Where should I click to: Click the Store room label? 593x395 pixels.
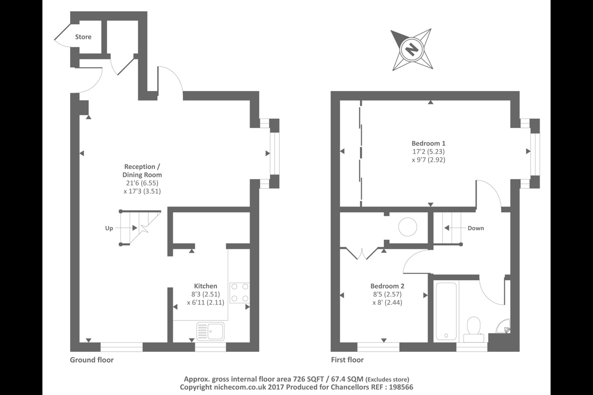[x=83, y=37]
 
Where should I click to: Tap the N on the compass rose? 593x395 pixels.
[x=412, y=49]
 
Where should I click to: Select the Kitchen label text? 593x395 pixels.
[x=205, y=286]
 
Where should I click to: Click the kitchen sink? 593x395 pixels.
[x=210, y=331]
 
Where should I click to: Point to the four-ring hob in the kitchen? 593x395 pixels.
[x=240, y=293]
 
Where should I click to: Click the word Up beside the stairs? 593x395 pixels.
[x=109, y=228]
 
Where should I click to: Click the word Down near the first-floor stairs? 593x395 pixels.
[x=476, y=228]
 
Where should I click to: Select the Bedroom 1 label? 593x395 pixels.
[x=428, y=144]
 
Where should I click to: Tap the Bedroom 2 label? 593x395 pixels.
[x=387, y=286]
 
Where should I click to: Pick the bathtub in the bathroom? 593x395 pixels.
[x=446, y=311]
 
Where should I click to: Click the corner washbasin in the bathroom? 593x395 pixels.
[x=503, y=326]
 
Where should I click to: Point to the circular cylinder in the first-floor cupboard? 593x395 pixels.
[x=408, y=227]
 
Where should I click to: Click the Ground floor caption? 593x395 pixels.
[x=91, y=360]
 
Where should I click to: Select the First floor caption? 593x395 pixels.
[x=347, y=360]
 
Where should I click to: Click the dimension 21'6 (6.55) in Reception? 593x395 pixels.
[x=142, y=183]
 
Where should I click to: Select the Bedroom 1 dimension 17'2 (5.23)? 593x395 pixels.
[x=428, y=151]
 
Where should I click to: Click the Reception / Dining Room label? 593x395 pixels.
[x=142, y=171]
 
